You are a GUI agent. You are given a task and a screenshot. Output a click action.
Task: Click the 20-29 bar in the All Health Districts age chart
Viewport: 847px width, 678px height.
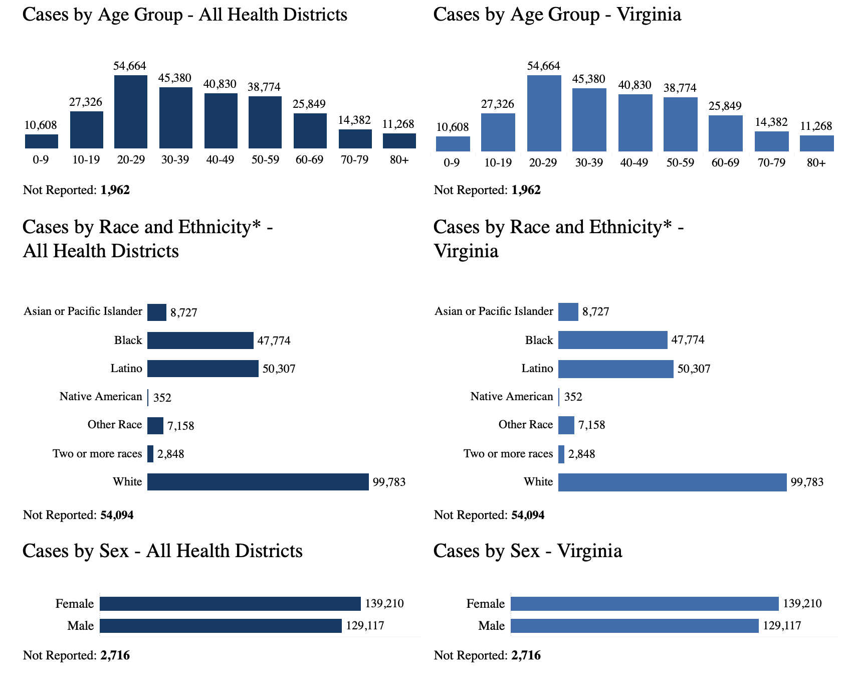(x=131, y=112)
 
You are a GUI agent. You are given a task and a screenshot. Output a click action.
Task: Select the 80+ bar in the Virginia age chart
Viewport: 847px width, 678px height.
(x=816, y=143)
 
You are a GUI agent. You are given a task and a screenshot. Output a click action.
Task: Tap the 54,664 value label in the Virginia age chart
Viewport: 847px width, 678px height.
(x=544, y=66)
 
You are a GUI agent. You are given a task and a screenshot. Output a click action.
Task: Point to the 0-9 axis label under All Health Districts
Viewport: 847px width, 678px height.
(x=41, y=160)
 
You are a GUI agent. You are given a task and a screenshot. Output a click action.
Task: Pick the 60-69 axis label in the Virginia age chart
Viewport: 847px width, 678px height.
(x=725, y=163)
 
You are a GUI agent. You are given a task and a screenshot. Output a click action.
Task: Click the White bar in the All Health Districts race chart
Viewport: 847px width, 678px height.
(x=258, y=482)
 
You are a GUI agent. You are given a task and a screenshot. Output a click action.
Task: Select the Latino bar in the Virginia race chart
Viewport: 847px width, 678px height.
(x=615, y=369)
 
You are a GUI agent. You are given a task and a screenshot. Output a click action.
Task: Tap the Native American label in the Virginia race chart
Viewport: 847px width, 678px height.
(x=511, y=397)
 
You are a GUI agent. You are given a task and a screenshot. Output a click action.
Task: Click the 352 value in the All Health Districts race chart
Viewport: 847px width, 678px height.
(x=162, y=398)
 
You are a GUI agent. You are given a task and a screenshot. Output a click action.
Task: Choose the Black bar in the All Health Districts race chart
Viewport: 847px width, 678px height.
(x=200, y=341)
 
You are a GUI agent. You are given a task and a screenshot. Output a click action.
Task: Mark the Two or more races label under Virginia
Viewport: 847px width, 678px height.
(x=508, y=454)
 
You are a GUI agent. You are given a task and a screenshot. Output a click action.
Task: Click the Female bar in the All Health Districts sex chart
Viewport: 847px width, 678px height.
(x=230, y=604)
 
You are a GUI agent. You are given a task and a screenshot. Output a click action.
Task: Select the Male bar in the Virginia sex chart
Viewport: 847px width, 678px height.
(x=634, y=626)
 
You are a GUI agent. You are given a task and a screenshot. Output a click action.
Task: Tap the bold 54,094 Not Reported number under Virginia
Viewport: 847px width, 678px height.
(x=527, y=515)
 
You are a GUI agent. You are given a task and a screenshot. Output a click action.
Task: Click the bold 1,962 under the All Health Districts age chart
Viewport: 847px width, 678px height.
(x=115, y=190)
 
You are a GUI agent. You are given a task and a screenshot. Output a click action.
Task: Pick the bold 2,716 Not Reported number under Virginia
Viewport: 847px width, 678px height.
(x=526, y=655)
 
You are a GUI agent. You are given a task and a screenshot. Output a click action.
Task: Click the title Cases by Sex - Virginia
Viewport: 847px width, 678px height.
(x=527, y=551)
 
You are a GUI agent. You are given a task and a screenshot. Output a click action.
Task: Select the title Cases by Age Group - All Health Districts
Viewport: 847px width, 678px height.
(x=185, y=15)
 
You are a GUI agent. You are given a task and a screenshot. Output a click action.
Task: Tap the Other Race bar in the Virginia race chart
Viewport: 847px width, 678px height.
(x=566, y=425)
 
